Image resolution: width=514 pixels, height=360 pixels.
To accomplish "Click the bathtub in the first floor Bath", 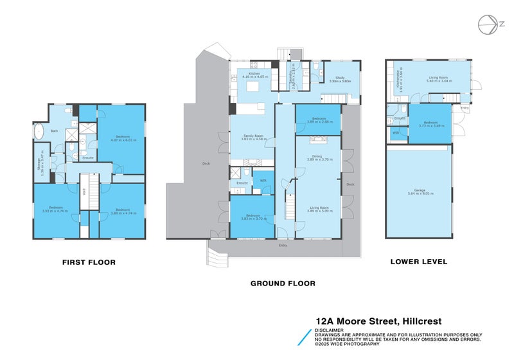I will pyautogui.click(x=39, y=132).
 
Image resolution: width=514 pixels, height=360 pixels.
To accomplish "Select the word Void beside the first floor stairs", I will pyautogui.click(x=84, y=190).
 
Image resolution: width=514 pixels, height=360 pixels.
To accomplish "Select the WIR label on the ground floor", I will pyautogui.click(x=263, y=181).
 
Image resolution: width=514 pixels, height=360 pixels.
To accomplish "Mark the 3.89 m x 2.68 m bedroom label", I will pyautogui.click(x=318, y=120).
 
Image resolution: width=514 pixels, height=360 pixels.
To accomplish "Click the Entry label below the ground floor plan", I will pyautogui.click(x=283, y=246).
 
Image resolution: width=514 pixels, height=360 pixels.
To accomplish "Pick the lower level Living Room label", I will pyautogui.click(x=439, y=79).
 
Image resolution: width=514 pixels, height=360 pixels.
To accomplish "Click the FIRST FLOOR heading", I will pyautogui.click(x=89, y=262).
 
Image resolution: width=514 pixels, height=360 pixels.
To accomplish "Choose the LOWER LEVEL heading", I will pyautogui.click(x=419, y=262).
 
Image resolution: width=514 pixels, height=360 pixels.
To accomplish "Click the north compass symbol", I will pyautogui.click(x=488, y=24).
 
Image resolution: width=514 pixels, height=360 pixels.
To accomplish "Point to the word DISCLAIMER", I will pyautogui.click(x=329, y=330).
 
